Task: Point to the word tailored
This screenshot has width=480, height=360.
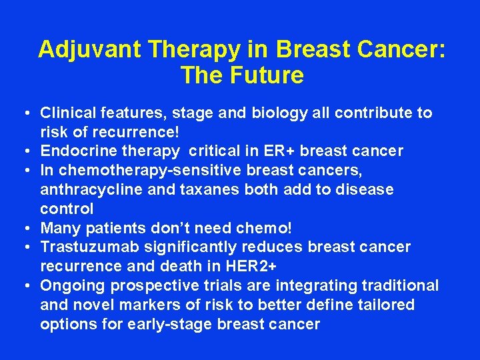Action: [387, 305]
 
